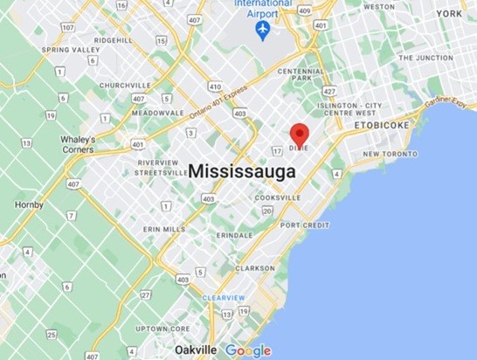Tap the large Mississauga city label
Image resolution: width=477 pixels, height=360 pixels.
[x=241, y=171]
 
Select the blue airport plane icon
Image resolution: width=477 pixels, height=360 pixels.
[x=260, y=31]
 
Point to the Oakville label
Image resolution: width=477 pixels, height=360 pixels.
[x=195, y=350]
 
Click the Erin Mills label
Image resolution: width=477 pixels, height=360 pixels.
[x=162, y=230]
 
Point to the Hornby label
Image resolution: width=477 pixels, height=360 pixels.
[x=29, y=204]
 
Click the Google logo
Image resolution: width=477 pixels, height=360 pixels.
[x=248, y=350]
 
